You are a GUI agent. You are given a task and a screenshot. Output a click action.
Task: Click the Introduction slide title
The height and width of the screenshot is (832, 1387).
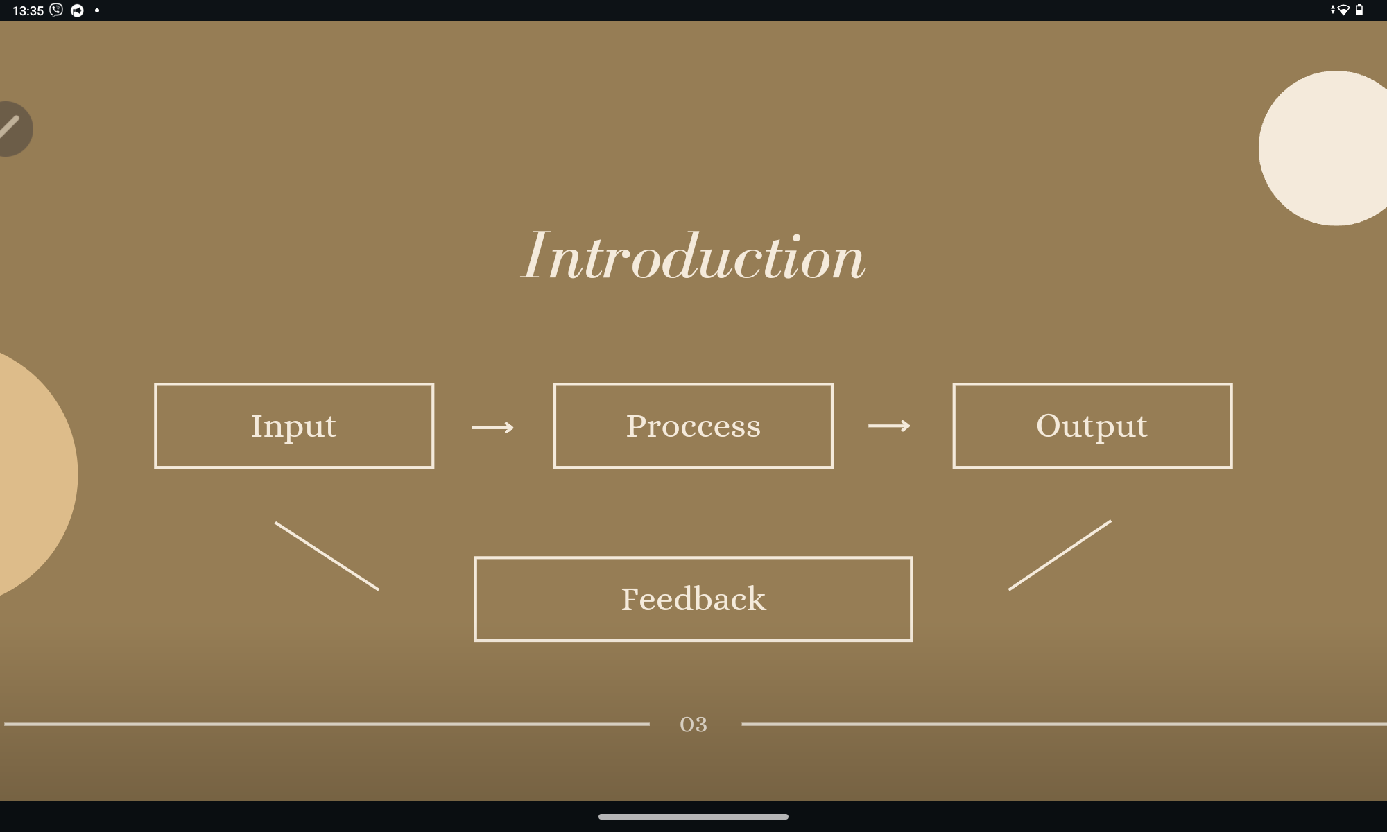[693, 256]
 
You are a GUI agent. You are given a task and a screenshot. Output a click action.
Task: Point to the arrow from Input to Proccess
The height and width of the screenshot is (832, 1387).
[493, 427]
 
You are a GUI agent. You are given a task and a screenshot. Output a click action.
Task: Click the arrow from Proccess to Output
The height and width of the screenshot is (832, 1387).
[889, 426]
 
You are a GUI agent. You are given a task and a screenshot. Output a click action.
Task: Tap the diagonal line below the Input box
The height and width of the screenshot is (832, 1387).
[327, 556]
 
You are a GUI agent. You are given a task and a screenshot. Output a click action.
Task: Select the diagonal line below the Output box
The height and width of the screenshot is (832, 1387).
[1060, 555]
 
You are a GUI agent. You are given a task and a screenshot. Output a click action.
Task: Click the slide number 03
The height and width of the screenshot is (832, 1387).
[693, 725]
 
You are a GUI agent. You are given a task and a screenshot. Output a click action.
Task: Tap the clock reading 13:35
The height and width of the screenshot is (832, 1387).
[28, 10]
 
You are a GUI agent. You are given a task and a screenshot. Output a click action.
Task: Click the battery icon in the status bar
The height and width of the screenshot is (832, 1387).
[1359, 10]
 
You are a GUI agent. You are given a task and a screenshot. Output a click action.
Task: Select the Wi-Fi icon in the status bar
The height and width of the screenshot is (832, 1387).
[1343, 10]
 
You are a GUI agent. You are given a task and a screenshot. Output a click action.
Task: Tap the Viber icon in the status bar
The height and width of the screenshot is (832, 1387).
[56, 10]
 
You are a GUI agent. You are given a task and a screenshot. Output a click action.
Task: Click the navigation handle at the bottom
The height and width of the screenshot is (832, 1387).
[693, 817]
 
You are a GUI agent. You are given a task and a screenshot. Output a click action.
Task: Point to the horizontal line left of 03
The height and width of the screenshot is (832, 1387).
[327, 724]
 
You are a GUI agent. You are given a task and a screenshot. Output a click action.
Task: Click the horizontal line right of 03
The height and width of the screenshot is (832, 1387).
[1064, 724]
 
